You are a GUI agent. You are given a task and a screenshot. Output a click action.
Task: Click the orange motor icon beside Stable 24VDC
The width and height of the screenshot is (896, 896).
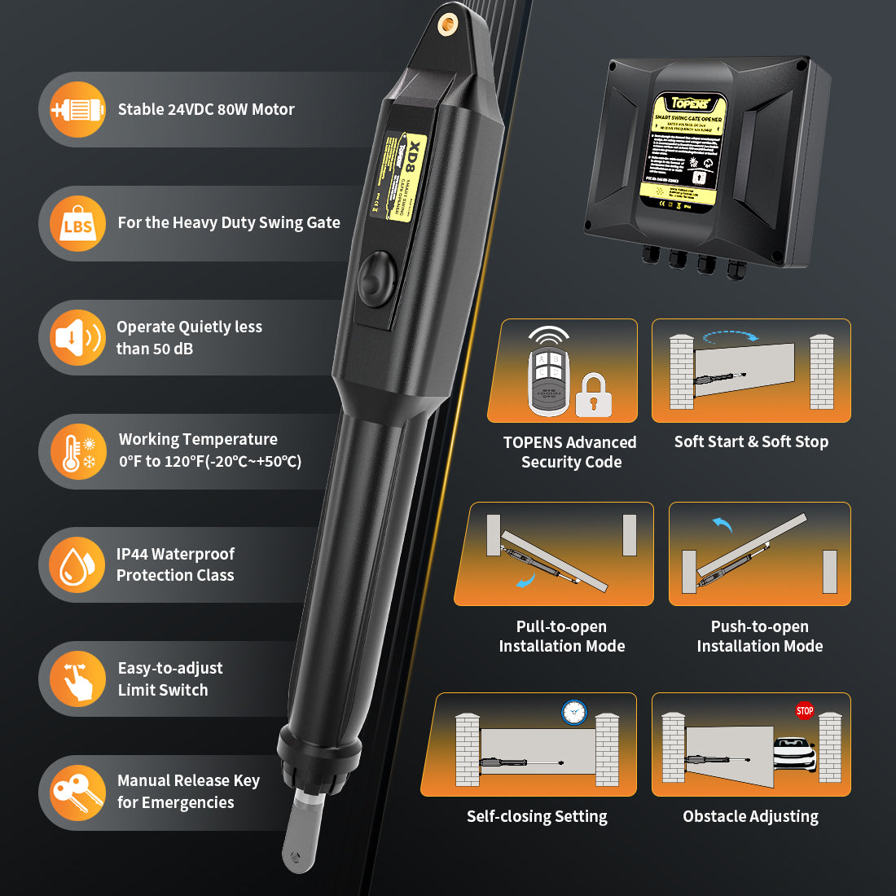click(77, 109)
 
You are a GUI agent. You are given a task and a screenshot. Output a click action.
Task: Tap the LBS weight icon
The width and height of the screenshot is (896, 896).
click(77, 224)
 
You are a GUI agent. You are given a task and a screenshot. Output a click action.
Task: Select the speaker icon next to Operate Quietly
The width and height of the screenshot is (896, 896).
click(77, 337)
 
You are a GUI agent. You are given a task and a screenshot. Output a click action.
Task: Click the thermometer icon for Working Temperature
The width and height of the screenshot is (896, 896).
click(77, 451)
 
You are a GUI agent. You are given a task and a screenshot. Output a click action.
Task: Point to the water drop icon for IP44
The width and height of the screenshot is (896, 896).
click(77, 564)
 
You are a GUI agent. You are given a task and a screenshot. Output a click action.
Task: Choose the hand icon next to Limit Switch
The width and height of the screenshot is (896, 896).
click(77, 679)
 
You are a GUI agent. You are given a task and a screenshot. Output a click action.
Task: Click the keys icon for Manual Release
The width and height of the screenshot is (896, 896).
click(77, 793)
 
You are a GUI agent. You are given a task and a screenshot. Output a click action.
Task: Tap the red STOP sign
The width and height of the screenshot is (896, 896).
click(805, 710)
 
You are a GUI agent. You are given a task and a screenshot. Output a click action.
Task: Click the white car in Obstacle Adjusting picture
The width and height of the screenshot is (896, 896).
click(794, 753)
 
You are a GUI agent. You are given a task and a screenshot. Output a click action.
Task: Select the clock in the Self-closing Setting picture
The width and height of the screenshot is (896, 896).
click(574, 712)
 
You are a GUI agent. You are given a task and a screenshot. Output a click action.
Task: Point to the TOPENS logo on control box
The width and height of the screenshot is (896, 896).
click(690, 103)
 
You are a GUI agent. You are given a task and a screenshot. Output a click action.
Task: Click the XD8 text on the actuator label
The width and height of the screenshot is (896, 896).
click(415, 155)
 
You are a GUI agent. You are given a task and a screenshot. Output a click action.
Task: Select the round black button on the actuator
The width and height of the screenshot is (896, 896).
click(376, 279)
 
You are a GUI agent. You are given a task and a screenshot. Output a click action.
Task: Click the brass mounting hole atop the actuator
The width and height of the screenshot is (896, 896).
click(447, 24)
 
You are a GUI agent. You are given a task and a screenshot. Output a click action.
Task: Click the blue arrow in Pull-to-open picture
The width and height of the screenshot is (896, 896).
click(526, 580)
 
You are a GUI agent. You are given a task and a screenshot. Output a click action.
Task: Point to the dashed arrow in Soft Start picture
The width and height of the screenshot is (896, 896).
click(730, 335)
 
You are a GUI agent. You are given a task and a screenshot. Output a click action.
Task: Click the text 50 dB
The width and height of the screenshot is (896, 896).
click(173, 349)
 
